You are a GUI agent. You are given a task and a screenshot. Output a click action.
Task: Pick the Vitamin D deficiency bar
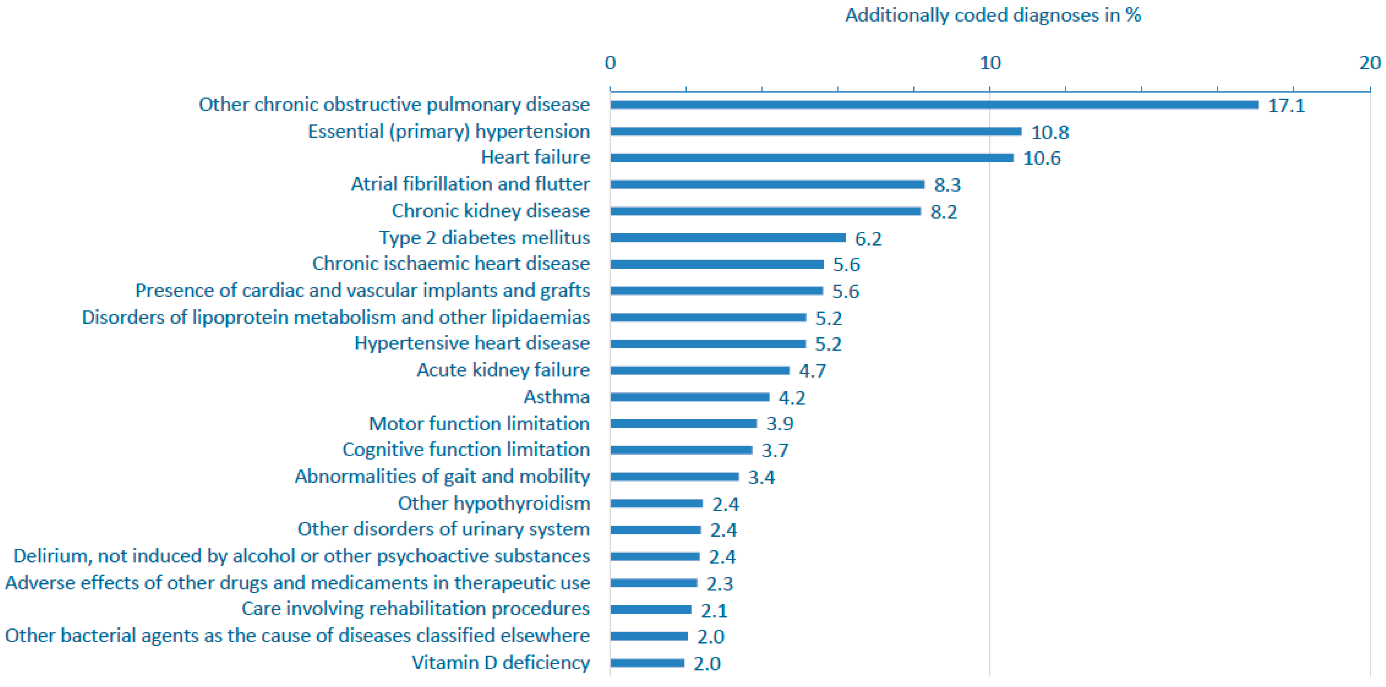tap(647, 663)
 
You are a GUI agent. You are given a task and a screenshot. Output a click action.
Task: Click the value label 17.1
tap(1286, 105)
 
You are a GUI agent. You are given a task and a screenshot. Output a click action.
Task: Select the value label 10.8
tap(1050, 132)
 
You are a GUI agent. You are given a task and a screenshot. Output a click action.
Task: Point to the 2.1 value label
tap(714, 611)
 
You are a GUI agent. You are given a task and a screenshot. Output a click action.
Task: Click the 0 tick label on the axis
tap(610, 63)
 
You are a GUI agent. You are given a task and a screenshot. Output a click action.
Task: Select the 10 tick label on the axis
tap(990, 63)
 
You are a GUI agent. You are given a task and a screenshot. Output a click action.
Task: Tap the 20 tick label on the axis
tap(1369, 63)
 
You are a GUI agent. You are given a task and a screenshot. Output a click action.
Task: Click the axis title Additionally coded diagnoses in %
tap(993, 15)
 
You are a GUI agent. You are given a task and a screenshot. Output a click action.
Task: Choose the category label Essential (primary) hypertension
tap(449, 131)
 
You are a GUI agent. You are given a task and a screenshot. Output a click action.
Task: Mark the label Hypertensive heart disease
tap(472, 343)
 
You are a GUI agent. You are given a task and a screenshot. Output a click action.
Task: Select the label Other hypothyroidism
tap(493, 503)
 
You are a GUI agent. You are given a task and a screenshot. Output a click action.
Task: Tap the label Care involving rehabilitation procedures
tap(415, 609)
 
